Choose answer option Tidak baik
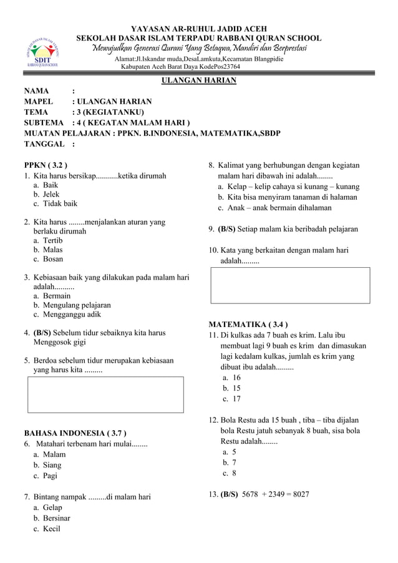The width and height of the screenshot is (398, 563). [60, 203]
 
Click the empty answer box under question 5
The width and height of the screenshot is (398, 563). [105, 394]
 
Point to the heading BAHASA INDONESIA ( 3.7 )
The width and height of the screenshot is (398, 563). [75, 433]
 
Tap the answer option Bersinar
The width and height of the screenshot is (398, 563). [56, 518]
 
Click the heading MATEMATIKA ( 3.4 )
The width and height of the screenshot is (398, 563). [248, 325]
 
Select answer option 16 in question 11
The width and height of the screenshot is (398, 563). [236, 378]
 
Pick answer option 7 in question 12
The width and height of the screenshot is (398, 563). [233, 463]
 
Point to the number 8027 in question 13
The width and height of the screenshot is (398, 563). [298, 495]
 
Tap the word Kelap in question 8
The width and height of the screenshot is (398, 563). [240, 187]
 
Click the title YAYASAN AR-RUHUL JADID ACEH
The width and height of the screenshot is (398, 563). [199, 29]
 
